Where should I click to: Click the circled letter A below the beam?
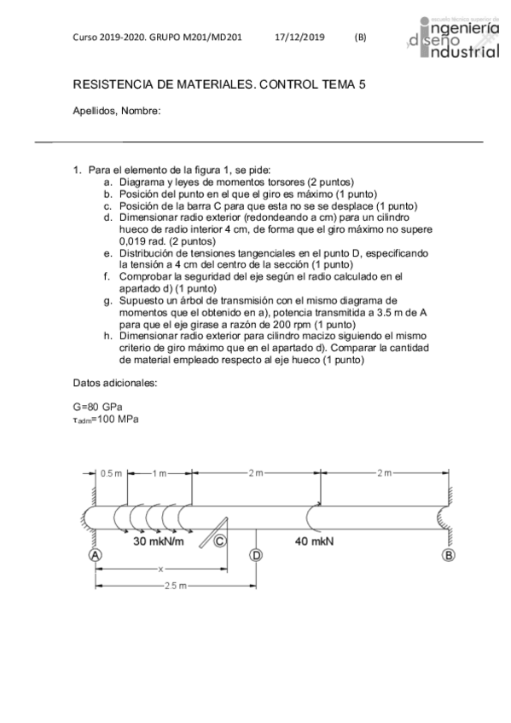pyautogui.click(x=95, y=554)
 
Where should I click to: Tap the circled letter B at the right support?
pyautogui.click(x=448, y=554)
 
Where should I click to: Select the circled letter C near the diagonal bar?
pyautogui.click(x=220, y=541)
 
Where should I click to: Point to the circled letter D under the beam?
pyautogui.click(x=256, y=554)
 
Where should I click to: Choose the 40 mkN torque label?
pyautogui.click(x=314, y=541)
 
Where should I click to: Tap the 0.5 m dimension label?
pyautogui.click(x=111, y=472)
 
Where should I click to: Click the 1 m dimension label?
pyautogui.click(x=159, y=472)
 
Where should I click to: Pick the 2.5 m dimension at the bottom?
pyautogui.click(x=175, y=586)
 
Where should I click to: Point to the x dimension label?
pyautogui.click(x=160, y=569)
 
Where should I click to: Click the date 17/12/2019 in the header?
pyautogui.click(x=300, y=38)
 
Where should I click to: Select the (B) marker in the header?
pyautogui.click(x=360, y=38)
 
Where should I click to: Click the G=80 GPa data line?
pyautogui.click(x=97, y=407)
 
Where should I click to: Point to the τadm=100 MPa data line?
pyautogui.click(x=105, y=419)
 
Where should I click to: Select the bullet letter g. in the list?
pyautogui.click(x=107, y=300)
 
